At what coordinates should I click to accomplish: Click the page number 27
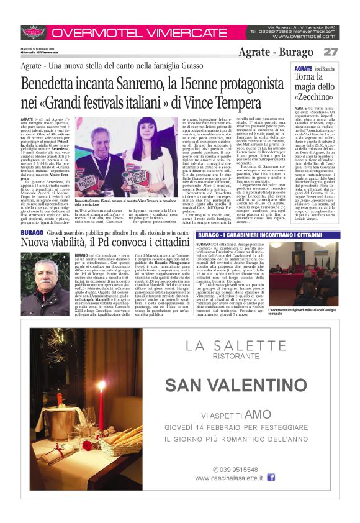330,52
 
